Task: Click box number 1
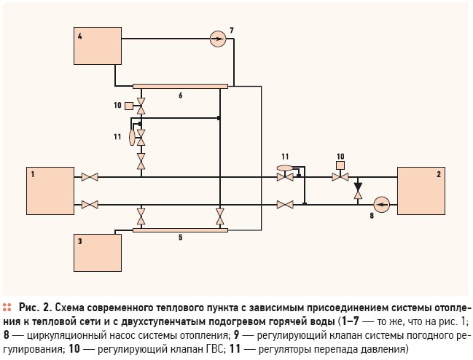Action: click(x=50, y=191)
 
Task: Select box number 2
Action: click(x=421, y=191)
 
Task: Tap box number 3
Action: click(x=98, y=253)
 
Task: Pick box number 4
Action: click(x=98, y=46)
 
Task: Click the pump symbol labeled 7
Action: click(x=218, y=39)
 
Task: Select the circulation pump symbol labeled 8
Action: click(x=382, y=205)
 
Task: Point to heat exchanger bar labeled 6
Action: click(x=181, y=86)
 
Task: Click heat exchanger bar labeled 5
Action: click(x=181, y=230)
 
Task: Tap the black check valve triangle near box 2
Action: click(x=358, y=187)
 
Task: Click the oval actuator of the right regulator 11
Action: click(x=284, y=168)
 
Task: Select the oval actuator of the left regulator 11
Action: click(x=132, y=138)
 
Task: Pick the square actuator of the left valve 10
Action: click(x=129, y=106)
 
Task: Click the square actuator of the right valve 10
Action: click(x=340, y=165)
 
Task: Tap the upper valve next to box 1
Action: click(x=90, y=177)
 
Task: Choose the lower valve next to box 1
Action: click(x=90, y=205)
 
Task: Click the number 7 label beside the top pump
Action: click(x=231, y=31)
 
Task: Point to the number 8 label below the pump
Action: click(x=372, y=216)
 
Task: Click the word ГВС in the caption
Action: click(x=214, y=350)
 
